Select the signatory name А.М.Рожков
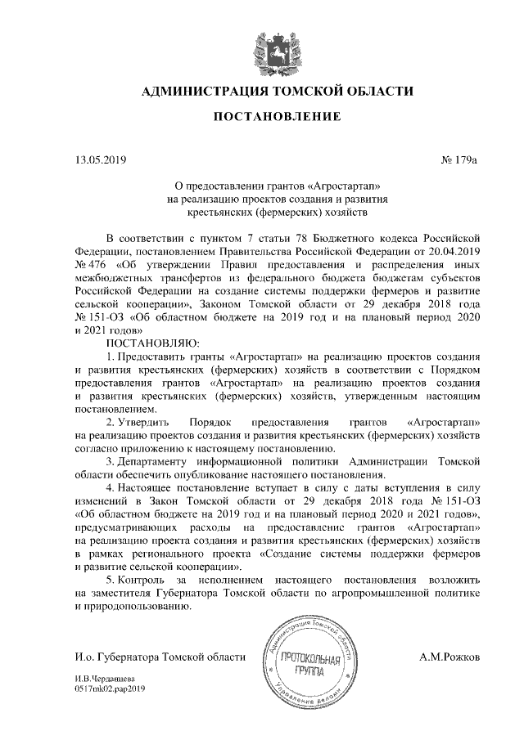[x=450, y=657]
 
